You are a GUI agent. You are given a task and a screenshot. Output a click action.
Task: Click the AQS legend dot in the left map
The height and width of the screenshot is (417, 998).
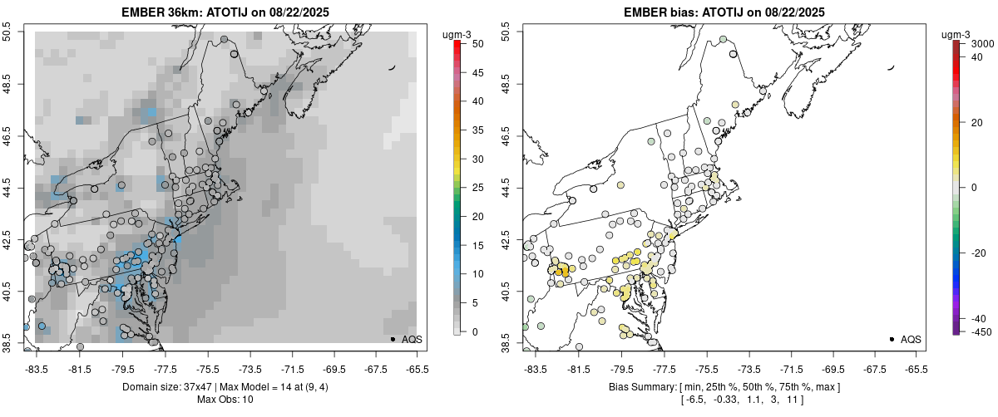coord(393,339)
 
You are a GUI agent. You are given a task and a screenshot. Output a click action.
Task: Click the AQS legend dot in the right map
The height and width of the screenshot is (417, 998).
coord(892,339)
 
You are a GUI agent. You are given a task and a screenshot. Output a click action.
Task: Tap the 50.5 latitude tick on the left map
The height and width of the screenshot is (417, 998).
coord(7,33)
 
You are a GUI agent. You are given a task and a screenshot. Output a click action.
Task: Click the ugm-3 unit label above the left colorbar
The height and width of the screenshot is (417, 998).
coord(458,34)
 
